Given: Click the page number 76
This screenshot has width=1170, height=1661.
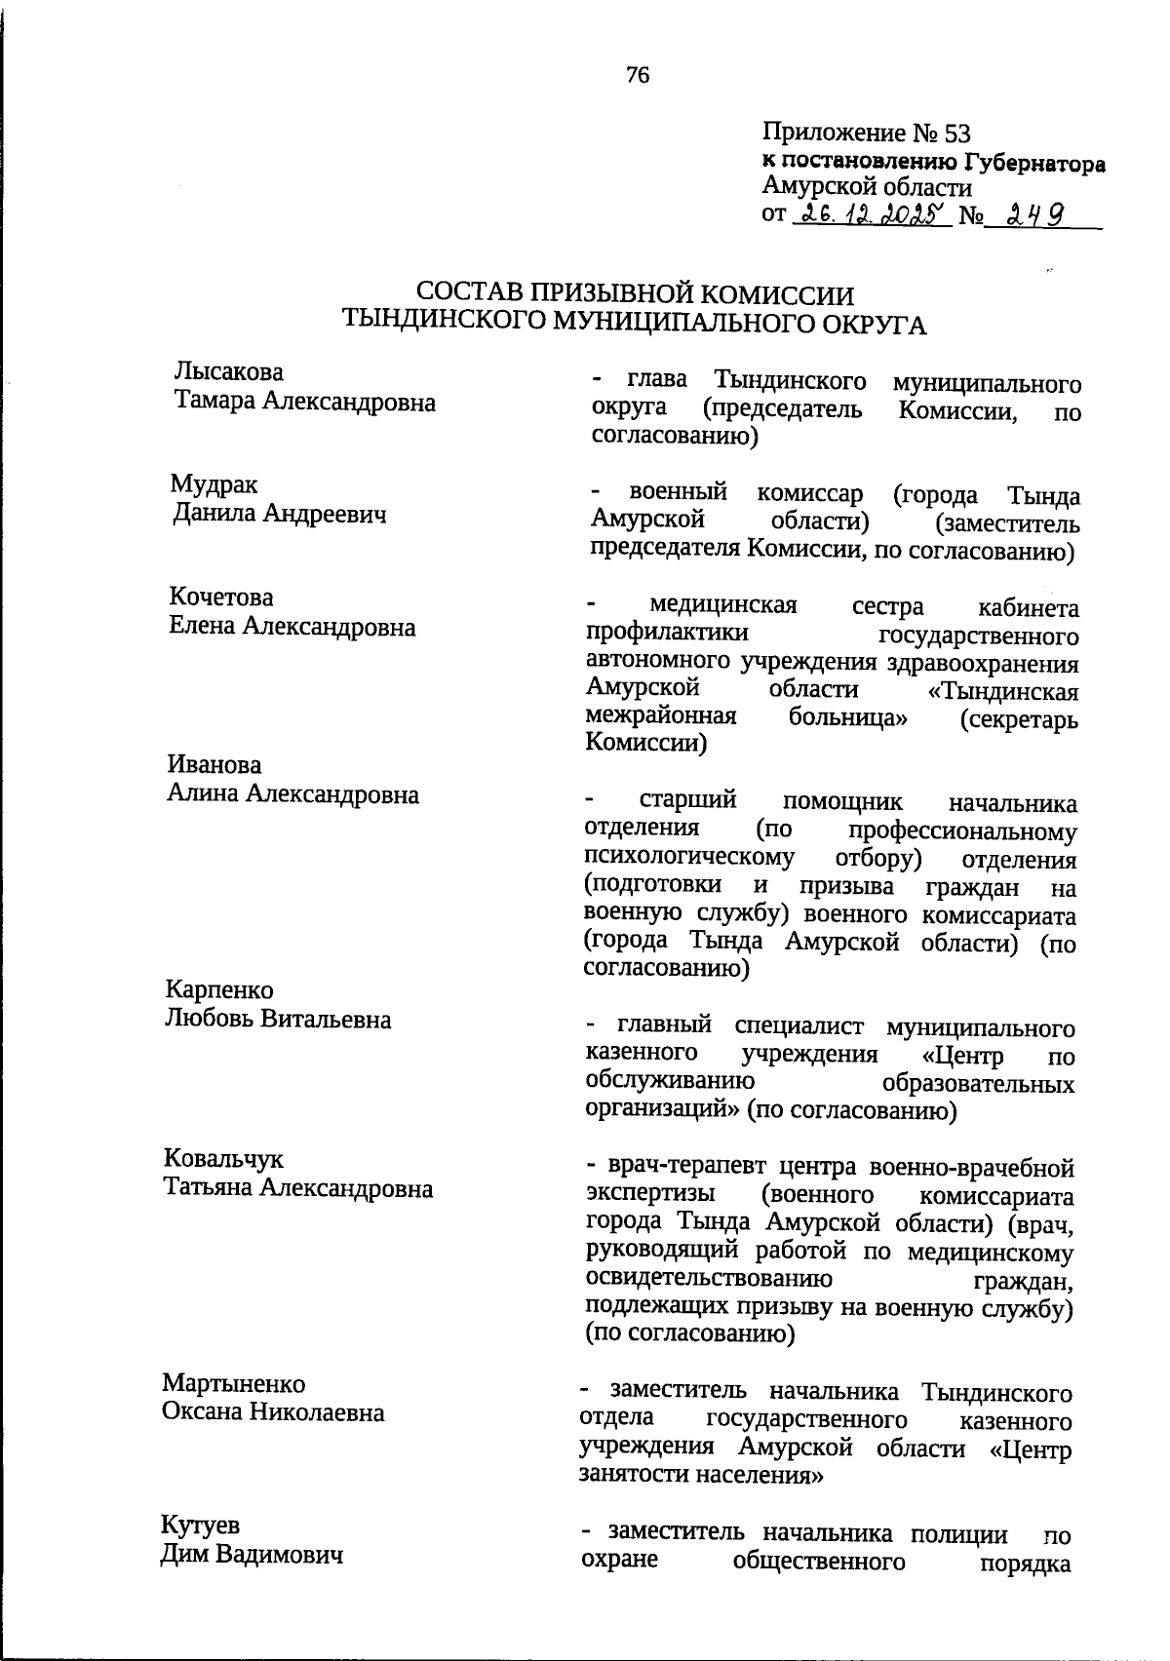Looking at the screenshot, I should (638, 75).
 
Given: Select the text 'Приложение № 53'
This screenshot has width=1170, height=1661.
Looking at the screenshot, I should (866, 133).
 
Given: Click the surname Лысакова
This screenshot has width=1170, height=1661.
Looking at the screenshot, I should (228, 371).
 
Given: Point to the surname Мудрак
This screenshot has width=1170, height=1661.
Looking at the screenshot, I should (214, 484).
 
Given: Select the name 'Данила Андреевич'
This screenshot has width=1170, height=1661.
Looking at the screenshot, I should (279, 513).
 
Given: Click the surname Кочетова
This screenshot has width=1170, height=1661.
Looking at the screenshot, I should (220, 597).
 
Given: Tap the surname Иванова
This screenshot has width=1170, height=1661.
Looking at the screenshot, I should (214, 765).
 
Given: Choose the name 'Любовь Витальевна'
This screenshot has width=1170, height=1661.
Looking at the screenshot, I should (278, 1020).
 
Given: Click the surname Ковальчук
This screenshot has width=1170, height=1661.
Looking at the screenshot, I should (224, 1159).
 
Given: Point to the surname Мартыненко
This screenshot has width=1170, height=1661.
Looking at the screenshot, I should (234, 1383).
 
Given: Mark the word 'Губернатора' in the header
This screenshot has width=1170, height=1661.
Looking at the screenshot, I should (1032, 162).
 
